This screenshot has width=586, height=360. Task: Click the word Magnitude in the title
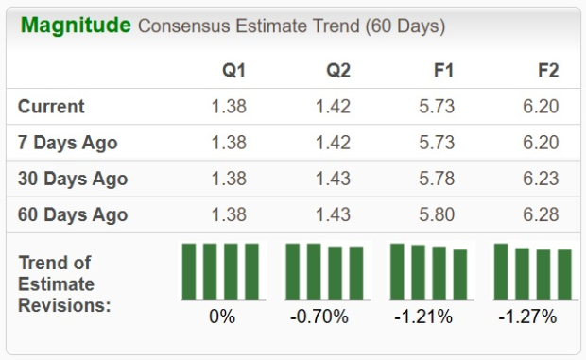pos(76,26)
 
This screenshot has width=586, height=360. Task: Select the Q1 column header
pos(234,71)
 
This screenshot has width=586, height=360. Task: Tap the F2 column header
pos(545,71)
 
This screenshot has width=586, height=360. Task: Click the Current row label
pos(51,107)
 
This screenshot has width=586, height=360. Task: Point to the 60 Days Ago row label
pos(72,214)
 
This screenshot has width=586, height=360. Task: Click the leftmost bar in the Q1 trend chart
pos(189,271)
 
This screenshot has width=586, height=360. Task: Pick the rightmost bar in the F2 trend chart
pos(564,274)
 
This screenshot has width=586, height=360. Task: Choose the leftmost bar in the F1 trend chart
pos(397,271)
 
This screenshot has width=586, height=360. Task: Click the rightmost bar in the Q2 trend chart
pos(356,273)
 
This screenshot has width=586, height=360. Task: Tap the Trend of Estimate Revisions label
pos(64,283)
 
